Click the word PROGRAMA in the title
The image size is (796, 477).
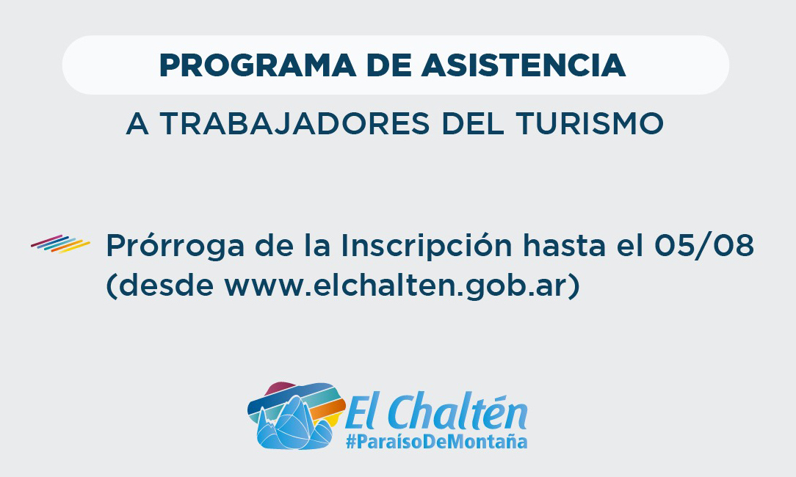click(258, 65)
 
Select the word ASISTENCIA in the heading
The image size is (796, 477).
click(524, 65)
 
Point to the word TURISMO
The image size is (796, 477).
click(590, 123)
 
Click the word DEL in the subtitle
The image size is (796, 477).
click(473, 123)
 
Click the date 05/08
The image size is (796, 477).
click(704, 246)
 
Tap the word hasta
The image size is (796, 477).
click(565, 246)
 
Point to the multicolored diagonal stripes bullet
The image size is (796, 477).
click(60, 244)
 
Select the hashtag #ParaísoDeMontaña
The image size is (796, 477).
click(437, 441)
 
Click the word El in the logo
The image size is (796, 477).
click(365, 412)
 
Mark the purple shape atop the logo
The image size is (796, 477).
click(280, 388)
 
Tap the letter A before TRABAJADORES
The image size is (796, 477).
click(137, 123)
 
